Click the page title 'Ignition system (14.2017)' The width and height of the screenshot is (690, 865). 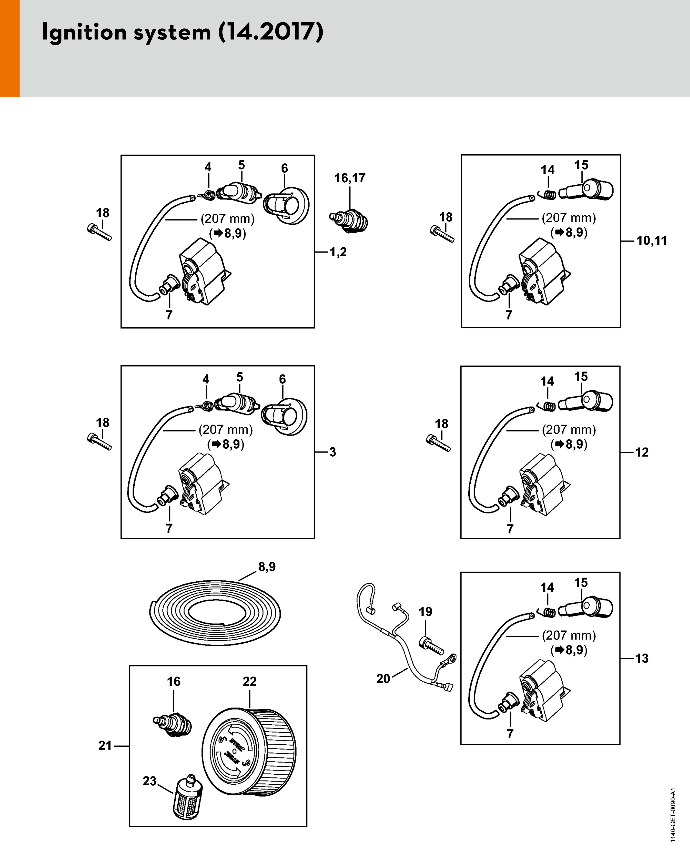click(x=183, y=32)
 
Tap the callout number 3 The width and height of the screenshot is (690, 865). click(x=332, y=452)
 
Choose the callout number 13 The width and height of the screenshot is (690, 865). click(x=642, y=658)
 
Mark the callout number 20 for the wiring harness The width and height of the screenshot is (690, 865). click(x=383, y=678)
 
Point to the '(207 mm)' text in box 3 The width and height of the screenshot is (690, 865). click(x=226, y=430)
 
